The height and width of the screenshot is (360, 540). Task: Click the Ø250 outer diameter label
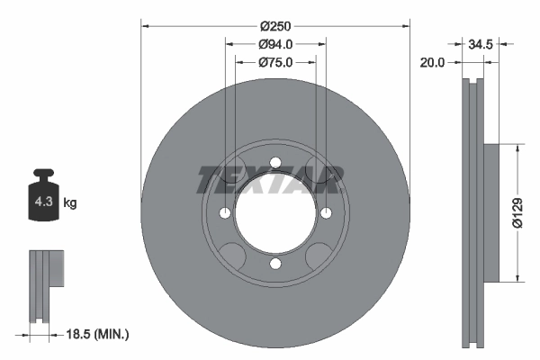pos(274,27)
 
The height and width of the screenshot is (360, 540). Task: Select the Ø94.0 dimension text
pos(274,44)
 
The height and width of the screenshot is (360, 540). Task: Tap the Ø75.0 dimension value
pos(274,62)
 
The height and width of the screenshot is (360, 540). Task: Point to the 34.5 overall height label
pos(480,42)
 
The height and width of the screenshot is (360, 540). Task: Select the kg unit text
pos(70,203)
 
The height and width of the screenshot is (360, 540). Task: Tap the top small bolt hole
pos(274,163)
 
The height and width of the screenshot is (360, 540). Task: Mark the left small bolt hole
pos(224,213)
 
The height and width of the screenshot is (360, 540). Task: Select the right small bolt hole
pos(325,213)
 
